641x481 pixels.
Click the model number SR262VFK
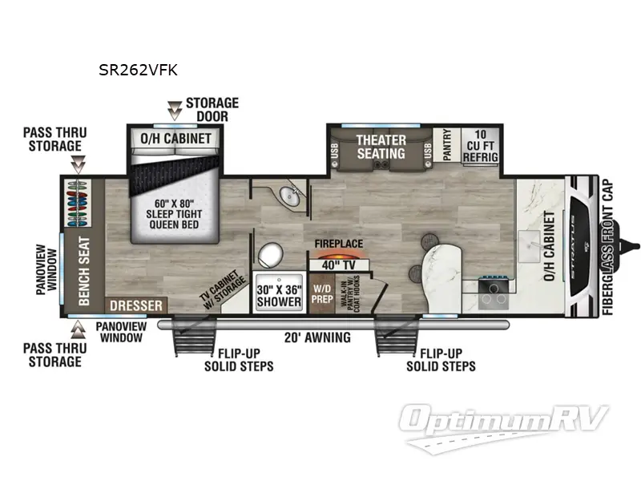point(138,70)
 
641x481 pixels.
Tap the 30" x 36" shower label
point(279,292)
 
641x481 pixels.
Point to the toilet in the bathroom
point(271,256)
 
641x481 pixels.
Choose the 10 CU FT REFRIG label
point(481,145)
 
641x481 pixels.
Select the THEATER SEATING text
point(381,146)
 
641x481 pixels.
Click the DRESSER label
point(136,305)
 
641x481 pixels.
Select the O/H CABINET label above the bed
point(176,139)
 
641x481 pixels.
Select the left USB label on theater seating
point(333,151)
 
